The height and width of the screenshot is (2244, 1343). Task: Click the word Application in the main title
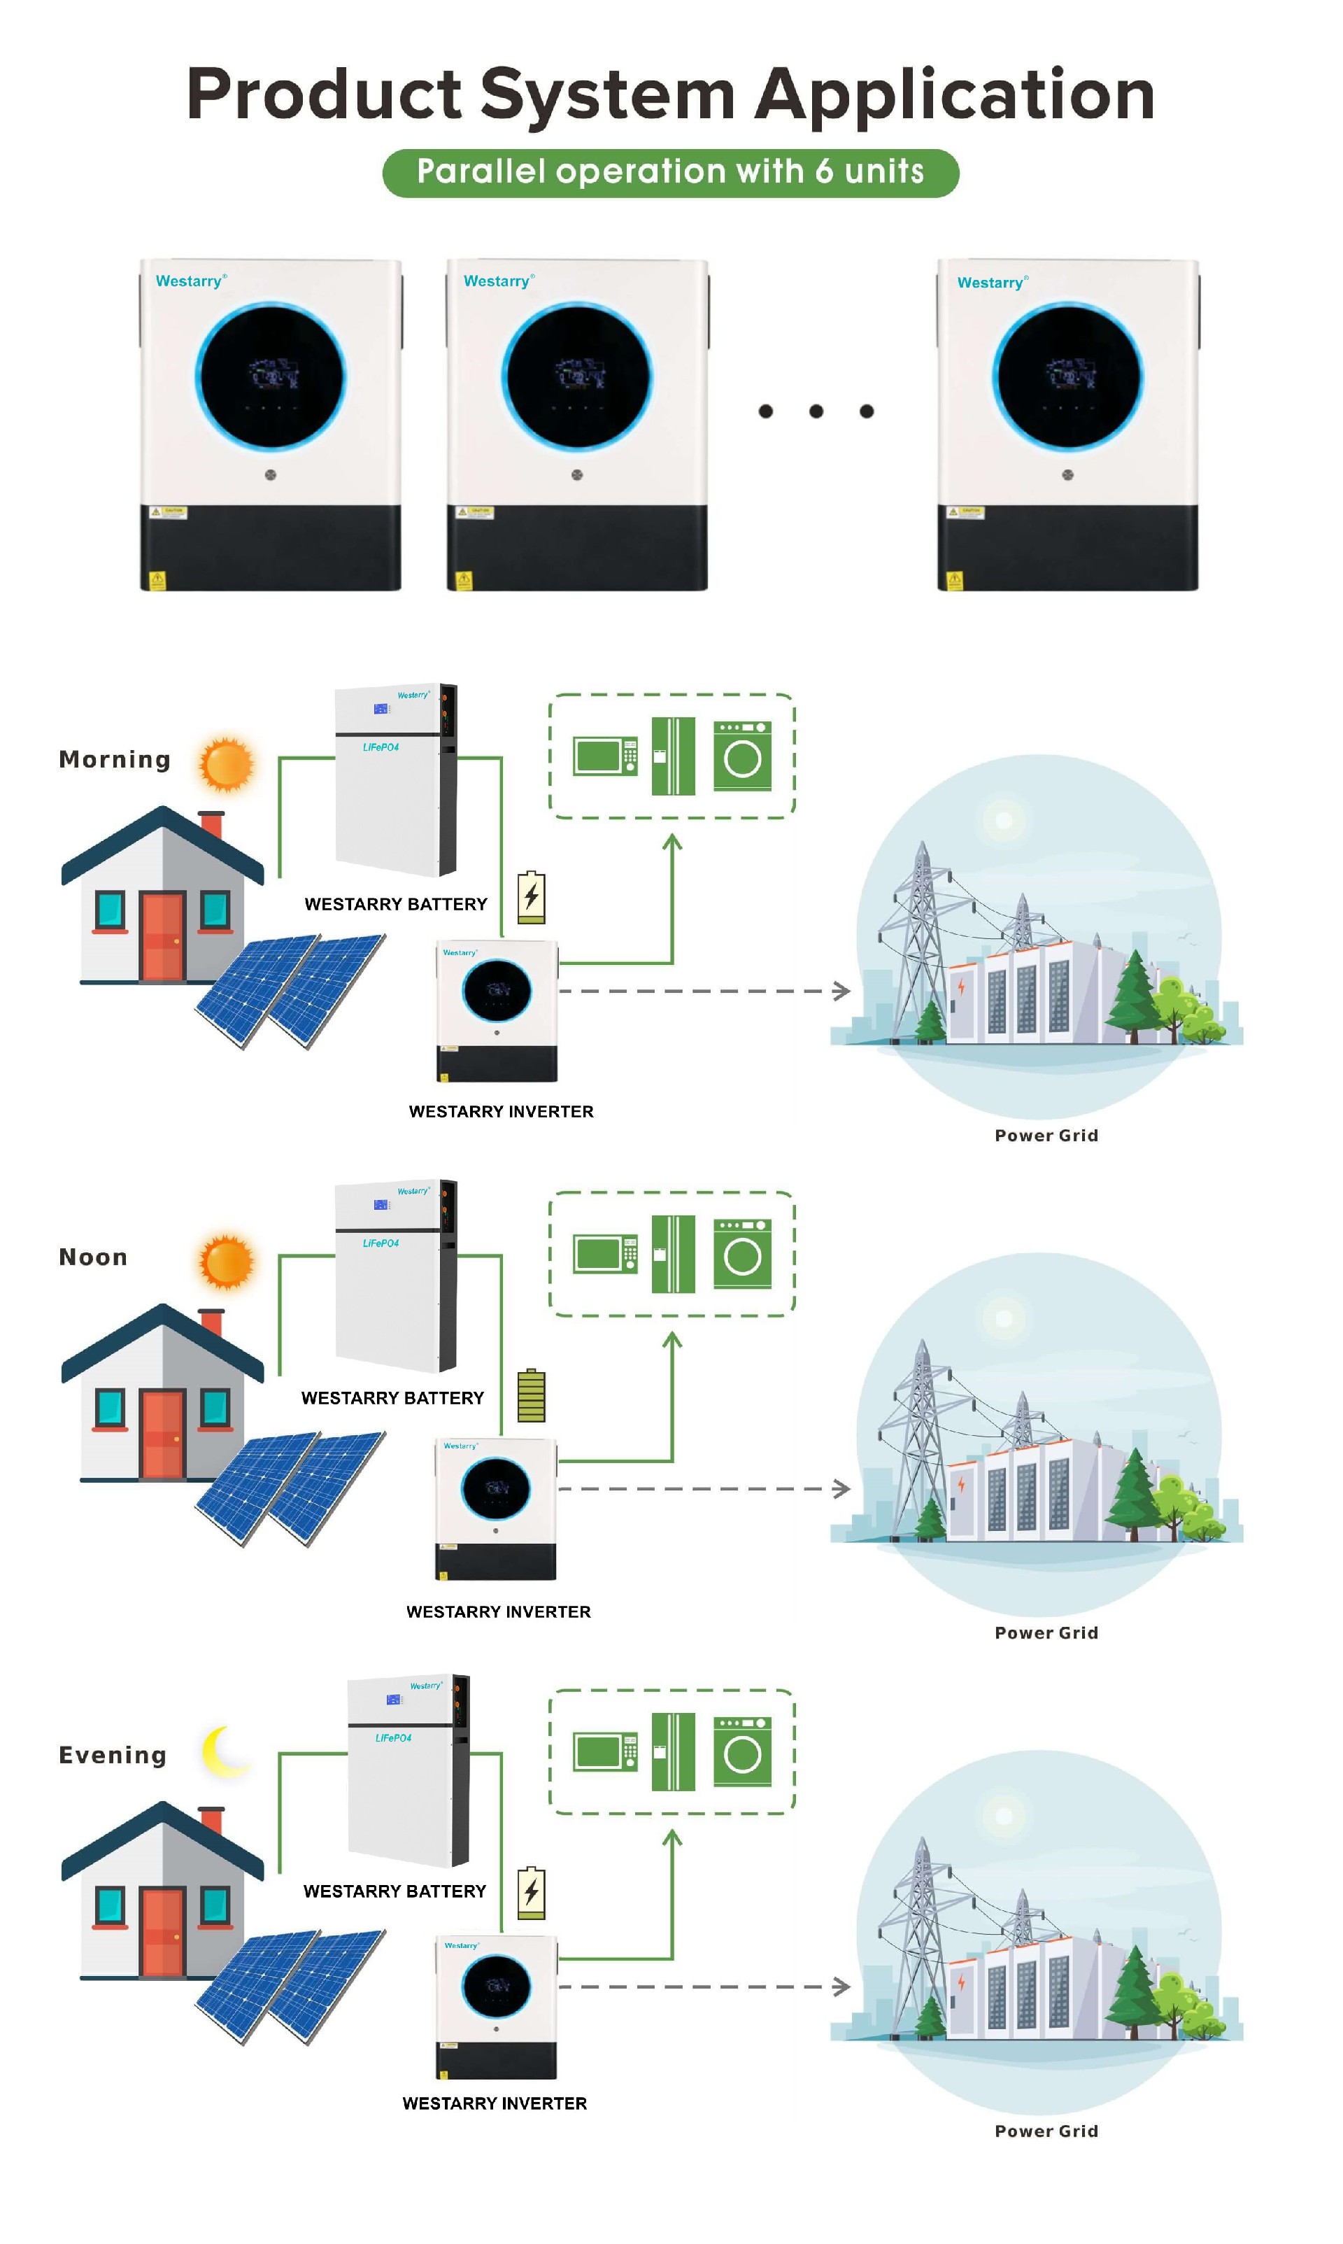[x=955, y=95]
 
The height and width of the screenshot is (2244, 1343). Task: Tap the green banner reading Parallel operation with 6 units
[x=671, y=172]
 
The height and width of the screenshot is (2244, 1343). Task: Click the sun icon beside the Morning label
[x=226, y=764]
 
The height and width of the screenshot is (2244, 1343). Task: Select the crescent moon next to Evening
[x=222, y=1751]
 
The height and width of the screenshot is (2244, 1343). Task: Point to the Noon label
[x=93, y=1257]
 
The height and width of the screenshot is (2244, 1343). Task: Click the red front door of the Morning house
[x=163, y=936]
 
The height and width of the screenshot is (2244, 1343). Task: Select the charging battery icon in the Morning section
[x=531, y=897]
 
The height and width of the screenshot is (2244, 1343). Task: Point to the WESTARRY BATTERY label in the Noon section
[x=393, y=1397]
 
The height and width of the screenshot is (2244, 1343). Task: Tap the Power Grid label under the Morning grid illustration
[x=1046, y=1135]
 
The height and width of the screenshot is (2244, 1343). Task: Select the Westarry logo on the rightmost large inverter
[x=992, y=283]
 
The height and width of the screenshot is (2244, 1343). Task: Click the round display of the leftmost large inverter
[x=271, y=376]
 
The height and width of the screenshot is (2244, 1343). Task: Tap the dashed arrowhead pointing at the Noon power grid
[x=841, y=1488]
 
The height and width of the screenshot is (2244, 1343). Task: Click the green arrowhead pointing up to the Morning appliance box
[x=671, y=842]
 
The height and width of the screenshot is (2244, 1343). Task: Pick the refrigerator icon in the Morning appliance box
[x=674, y=756]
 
